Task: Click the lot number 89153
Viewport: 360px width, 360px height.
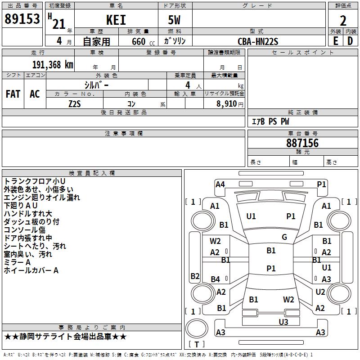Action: tap(22, 19)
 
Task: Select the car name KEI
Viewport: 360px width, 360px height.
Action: tap(116, 20)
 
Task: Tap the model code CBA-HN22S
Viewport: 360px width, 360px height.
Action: tap(258, 41)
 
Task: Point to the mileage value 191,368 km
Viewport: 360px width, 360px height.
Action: tap(53, 65)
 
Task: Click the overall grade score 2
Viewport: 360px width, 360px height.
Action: tap(343, 21)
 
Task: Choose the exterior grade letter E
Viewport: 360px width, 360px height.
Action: tap(336, 41)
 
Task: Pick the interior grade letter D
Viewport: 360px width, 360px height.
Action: tap(350, 41)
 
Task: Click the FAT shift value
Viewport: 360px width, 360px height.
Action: tap(13, 94)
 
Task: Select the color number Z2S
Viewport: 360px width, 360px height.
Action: tap(75, 104)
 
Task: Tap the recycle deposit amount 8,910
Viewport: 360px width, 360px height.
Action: tap(227, 104)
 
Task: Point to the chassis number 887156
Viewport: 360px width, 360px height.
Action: tap(302, 143)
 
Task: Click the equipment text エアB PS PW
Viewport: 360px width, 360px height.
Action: tap(270, 121)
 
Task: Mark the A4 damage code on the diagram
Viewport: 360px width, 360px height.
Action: tap(220, 184)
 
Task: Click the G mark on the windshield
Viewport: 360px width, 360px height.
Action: tap(284, 237)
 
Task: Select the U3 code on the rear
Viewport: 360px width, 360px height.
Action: tap(283, 322)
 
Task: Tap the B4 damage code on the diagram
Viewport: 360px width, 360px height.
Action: tap(215, 279)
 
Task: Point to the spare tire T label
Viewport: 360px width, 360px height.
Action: tap(197, 344)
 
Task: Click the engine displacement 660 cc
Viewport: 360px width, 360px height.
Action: tap(143, 42)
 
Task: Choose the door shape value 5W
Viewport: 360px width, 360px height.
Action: tap(174, 20)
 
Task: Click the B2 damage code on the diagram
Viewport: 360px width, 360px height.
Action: tap(195, 276)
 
